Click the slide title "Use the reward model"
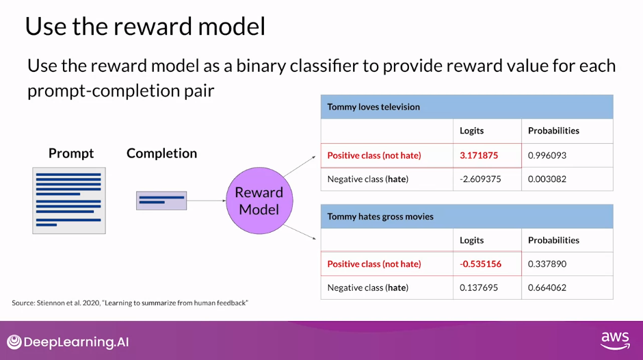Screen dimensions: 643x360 tap(145, 26)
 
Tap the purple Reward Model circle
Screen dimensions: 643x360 tap(259, 201)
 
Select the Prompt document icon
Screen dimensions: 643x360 tap(69, 201)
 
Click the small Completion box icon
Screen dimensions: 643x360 tap(161, 201)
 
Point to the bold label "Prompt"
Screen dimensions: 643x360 tap(71, 153)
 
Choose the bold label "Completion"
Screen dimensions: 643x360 tap(161, 153)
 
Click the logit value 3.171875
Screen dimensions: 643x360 tap(479, 155)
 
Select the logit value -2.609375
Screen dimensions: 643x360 tap(480, 179)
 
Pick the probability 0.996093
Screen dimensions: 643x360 tap(547, 155)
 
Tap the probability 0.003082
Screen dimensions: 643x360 tap(547, 179)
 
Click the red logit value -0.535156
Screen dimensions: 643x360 tap(480, 264)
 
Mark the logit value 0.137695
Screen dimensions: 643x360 tap(479, 287)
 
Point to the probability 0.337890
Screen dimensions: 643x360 tap(547, 264)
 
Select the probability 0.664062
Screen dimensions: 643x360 tap(547, 287)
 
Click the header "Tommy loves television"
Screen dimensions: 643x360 tap(373, 107)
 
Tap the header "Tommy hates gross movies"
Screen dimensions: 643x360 tap(380, 217)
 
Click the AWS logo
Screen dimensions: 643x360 tap(615, 341)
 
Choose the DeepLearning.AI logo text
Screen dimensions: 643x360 tap(77, 342)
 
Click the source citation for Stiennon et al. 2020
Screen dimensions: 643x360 tap(130, 303)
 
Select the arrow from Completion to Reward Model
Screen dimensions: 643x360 tap(207, 201)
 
